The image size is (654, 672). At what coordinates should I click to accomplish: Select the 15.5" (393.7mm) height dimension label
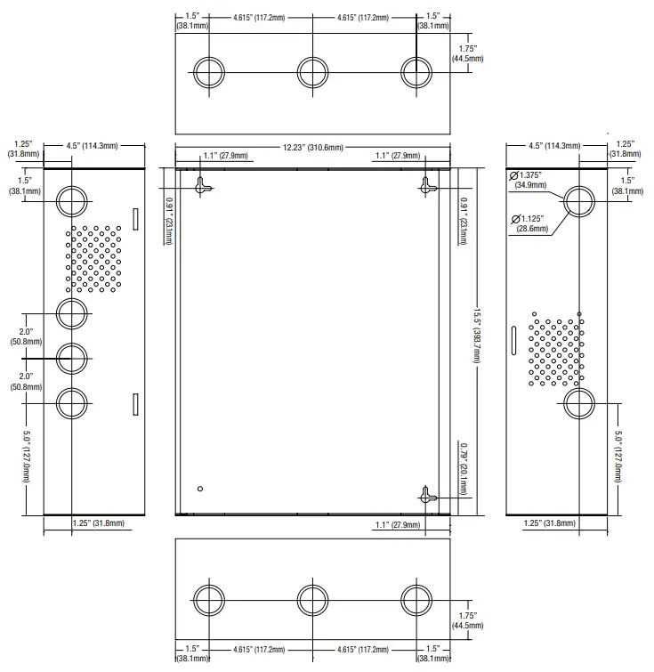pyautogui.click(x=477, y=338)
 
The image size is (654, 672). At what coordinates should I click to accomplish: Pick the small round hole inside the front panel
pyautogui.click(x=201, y=488)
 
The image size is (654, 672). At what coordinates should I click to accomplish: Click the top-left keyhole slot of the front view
pyautogui.click(x=204, y=184)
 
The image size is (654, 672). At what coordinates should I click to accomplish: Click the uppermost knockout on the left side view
pyautogui.click(x=72, y=200)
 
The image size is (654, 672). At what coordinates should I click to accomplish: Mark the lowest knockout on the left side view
pyautogui.click(x=72, y=403)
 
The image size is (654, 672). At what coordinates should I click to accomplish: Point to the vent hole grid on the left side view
pyautogui.click(x=93, y=258)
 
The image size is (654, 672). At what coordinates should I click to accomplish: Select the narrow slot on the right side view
pyautogui.click(x=513, y=343)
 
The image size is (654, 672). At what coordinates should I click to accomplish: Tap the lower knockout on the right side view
pyautogui.click(x=579, y=403)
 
